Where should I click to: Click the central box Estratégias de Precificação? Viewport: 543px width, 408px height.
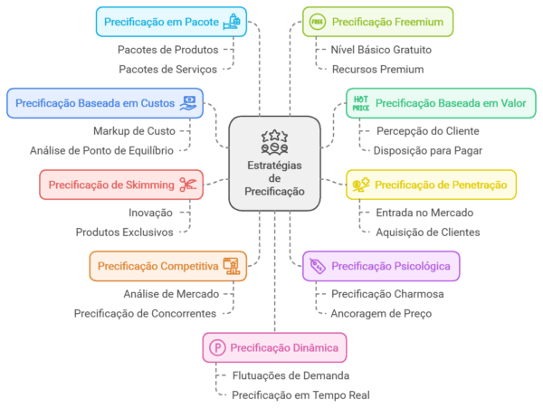coord(275,162)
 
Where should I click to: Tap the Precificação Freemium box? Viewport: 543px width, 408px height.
coord(377,21)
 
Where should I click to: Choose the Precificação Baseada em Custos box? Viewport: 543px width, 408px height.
coord(104,102)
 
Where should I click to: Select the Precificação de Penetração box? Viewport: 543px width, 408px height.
coord(432,185)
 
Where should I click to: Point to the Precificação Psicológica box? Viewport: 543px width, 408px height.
coord(381,266)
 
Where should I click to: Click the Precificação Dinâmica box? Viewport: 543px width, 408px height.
coord(274,347)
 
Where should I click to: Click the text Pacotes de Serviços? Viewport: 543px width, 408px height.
coord(170,69)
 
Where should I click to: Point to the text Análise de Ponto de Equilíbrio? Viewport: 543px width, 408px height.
coord(102,150)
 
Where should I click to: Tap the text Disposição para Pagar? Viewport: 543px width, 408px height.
coord(429,150)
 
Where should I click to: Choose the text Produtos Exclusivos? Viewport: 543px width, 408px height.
coord(125,232)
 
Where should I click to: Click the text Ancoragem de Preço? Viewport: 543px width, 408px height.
coord(381,314)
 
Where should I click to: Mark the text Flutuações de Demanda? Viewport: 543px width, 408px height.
coord(291,375)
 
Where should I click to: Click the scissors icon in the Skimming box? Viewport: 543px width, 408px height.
coord(188,185)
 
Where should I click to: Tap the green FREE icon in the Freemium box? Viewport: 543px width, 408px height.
coord(317,21)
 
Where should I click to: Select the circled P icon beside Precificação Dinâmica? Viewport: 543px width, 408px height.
coord(217,347)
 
